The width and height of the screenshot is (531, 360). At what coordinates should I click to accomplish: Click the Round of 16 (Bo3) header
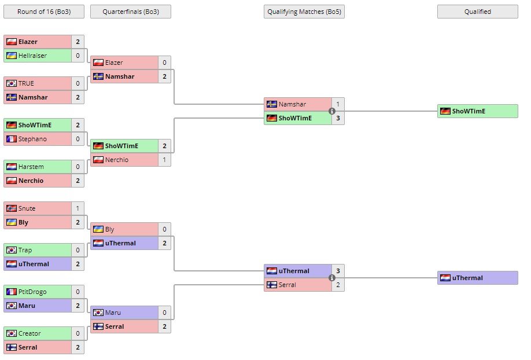pyautogui.click(x=43, y=12)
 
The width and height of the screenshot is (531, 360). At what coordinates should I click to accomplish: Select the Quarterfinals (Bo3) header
pyautogui.click(x=130, y=12)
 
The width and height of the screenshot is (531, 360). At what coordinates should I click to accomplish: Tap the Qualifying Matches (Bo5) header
pyautogui.click(x=304, y=12)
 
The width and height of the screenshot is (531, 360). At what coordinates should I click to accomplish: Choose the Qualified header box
pyautogui.click(x=477, y=12)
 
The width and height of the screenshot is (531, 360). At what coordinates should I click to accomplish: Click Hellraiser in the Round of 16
pyautogui.click(x=38, y=56)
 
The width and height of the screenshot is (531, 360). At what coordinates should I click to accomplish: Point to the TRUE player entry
pyautogui.click(x=38, y=83)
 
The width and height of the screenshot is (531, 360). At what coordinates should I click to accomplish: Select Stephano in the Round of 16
pyautogui.click(x=38, y=139)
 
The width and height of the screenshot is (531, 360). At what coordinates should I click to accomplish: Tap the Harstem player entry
pyautogui.click(x=38, y=167)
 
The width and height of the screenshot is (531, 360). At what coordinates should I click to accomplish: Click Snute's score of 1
pyautogui.click(x=78, y=208)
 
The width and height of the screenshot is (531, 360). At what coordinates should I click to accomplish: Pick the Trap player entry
pyautogui.click(x=38, y=250)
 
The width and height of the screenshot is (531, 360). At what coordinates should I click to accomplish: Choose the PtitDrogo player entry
pyautogui.click(x=38, y=292)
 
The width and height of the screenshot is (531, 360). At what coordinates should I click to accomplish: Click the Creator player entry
pyautogui.click(x=38, y=333)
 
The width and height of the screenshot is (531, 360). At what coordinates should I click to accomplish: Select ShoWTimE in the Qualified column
pyautogui.click(x=478, y=111)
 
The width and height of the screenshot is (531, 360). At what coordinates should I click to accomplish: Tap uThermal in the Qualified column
pyautogui.click(x=478, y=278)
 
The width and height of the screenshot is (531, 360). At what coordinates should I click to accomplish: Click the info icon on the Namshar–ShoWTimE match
pyautogui.click(x=332, y=111)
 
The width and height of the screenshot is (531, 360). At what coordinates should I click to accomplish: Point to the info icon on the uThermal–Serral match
pyautogui.click(x=332, y=278)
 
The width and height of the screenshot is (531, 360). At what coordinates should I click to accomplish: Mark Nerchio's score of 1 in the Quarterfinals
pyautogui.click(x=164, y=160)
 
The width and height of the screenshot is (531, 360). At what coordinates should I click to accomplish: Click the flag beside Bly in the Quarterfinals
pyautogui.click(x=98, y=229)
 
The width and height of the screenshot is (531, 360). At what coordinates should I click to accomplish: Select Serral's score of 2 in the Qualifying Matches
pyautogui.click(x=338, y=285)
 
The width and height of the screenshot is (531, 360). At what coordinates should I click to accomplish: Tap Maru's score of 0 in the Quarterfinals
pyautogui.click(x=164, y=313)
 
